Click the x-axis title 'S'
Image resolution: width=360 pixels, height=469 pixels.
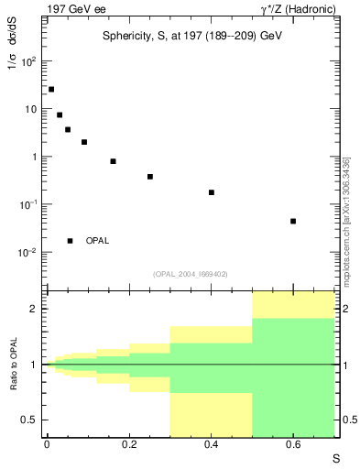tap(335, 457)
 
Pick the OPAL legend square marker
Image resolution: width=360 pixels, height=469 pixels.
tap(70, 241)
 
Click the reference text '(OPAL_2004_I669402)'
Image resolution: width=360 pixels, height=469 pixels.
tap(191, 272)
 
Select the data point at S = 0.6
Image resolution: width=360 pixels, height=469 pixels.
tap(293, 221)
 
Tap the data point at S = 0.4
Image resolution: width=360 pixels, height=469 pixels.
tap(211, 192)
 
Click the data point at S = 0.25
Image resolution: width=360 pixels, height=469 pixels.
tap(149, 177)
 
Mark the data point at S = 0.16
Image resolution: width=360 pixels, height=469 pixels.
tap(113, 161)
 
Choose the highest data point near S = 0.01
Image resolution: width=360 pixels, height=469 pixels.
tap(51, 89)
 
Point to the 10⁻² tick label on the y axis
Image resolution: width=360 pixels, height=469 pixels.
tap(27, 252)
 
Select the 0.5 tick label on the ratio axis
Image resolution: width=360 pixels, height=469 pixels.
tap(28, 420)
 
